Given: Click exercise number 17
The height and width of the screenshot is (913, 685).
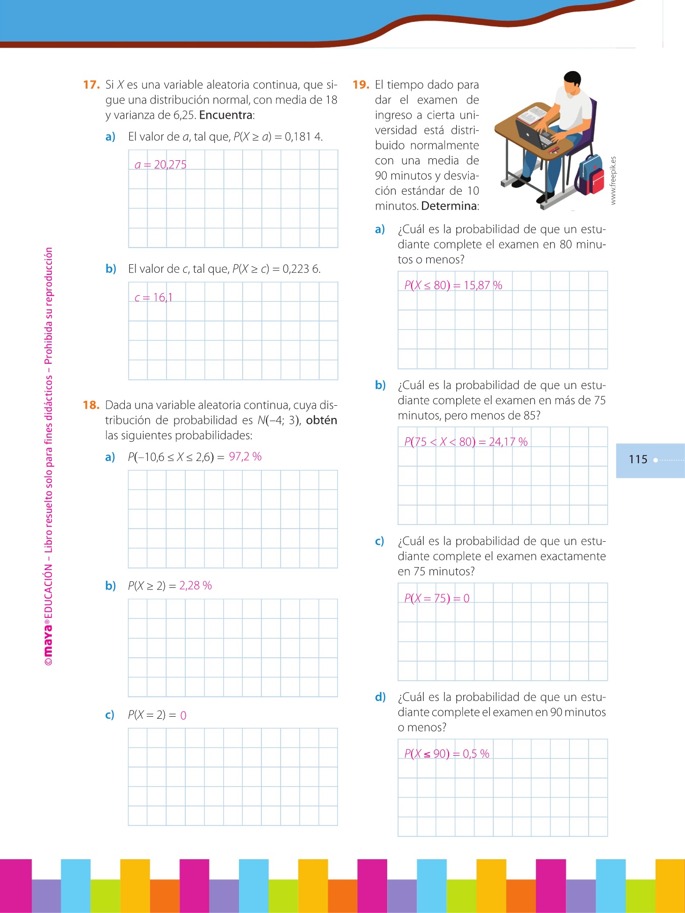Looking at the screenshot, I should pyautogui.click(x=91, y=85).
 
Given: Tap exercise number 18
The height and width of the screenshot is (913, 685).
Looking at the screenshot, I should pyautogui.click(x=91, y=405).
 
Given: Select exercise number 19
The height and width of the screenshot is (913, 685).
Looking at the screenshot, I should pyautogui.click(x=360, y=85).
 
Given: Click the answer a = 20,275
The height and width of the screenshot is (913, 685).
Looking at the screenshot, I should pyautogui.click(x=160, y=165).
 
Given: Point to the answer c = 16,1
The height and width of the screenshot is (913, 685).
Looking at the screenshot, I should pyautogui.click(x=153, y=298).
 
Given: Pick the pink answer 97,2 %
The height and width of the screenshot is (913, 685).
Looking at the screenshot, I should pyautogui.click(x=245, y=456).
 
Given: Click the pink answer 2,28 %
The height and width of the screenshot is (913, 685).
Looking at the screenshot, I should pyautogui.click(x=195, y=585).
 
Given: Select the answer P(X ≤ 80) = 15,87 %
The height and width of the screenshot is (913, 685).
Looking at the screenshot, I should pyautogui.click(x=453, y=286).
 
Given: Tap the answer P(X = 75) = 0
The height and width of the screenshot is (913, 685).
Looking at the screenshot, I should pyautogui.click(x=436, y=599).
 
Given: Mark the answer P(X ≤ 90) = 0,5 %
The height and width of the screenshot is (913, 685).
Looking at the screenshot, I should pyautogui.click(x=447, y=754).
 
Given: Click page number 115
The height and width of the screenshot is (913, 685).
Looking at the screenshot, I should pyautogui.click(x=638, y=460).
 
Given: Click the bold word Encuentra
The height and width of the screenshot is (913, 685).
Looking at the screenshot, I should pyautogui.click(x=226, y=115).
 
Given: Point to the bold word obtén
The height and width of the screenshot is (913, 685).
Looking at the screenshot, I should pyautogui.click(x=321, y=420).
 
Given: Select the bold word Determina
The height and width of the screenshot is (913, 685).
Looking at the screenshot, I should pyautogui.click(x=449, y=206).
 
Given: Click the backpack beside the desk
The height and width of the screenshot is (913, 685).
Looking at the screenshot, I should pyautogui.click(x=590, y=174).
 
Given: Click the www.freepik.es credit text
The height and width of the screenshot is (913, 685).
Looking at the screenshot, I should pyautogui.click(x=613, y=181).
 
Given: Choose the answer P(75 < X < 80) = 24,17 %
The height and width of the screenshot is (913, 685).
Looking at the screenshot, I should pyautogui.click(x=465, y=442).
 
